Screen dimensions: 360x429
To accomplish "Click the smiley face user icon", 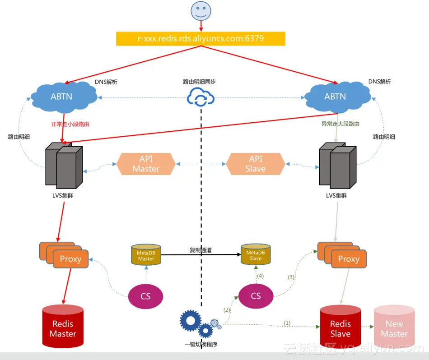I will tap(201, 11).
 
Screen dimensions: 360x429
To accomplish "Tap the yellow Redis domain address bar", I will tap(201, 39).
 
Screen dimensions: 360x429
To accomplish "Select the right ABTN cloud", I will tap(335, 96).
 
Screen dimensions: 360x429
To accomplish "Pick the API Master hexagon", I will tap(146, 163).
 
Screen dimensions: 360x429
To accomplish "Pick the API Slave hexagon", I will tap(255, 163).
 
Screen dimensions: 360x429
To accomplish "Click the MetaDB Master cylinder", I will tap(146, 255).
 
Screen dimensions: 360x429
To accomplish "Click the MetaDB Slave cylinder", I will tap(255, 255).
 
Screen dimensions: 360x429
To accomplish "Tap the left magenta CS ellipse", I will tap(145, 296).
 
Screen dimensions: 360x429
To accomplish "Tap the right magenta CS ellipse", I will tap(256, 296).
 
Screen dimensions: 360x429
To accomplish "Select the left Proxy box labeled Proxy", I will tap(70, 259).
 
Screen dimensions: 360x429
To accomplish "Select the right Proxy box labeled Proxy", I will tap(349, 259).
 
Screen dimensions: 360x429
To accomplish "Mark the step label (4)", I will tap(260, 275).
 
